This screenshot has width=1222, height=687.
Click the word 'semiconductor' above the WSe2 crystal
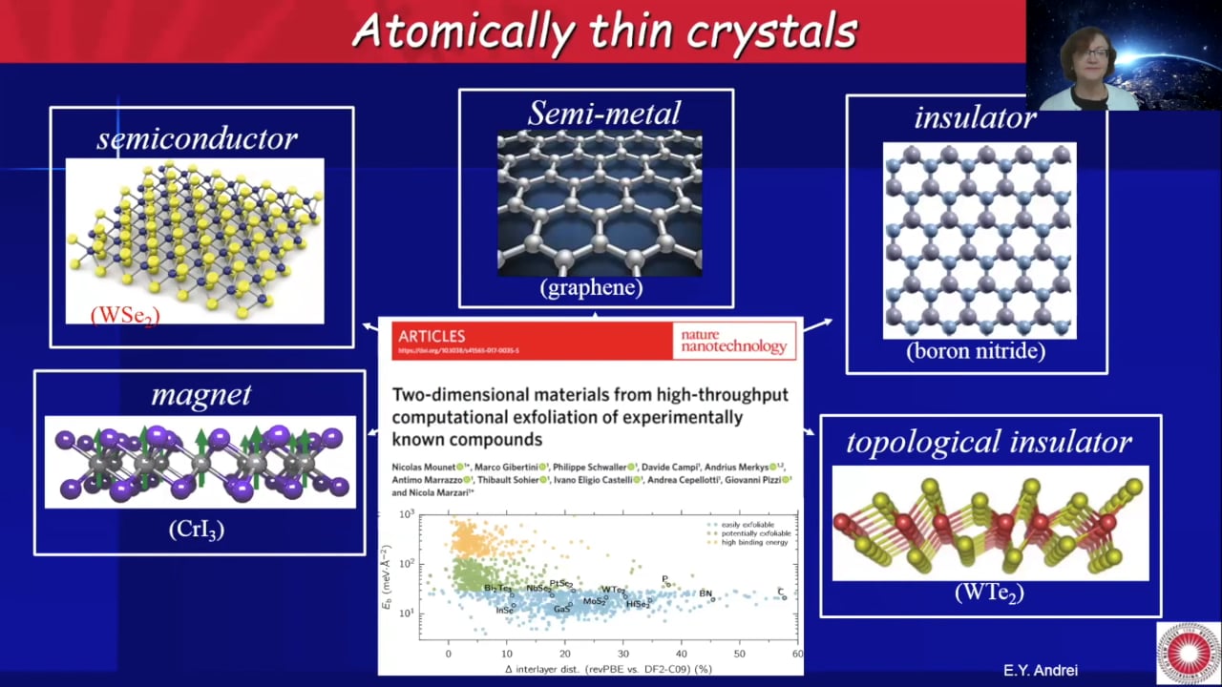click(x=197, y=139)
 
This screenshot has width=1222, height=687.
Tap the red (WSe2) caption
click(x=125, y=315)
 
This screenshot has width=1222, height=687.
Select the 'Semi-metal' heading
click(x=604, y=114)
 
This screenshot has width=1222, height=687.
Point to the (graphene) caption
click(x=591, y=287)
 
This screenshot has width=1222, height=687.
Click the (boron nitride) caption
click(x=976, y=351)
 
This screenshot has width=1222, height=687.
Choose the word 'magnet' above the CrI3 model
click(x=201, y=394)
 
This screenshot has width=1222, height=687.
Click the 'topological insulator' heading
click(x=989, y=442)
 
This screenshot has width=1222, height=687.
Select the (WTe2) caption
click(x=989, y=593)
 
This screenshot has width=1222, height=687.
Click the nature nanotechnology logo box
click(x=733, y=341)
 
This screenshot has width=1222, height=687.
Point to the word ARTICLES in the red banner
click(x=432, y=336)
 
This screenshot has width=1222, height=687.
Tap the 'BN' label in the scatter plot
click(x=706, y=593)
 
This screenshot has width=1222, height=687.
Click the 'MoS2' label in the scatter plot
click(x=595, y=602)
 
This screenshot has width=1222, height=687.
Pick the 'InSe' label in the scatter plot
click(x=505, y=610)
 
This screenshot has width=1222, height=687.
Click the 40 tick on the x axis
click(x=681, y=654)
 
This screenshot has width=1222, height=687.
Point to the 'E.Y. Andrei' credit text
click(x=1040, y=671)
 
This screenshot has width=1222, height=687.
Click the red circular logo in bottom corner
click(x=1188, y=654)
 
